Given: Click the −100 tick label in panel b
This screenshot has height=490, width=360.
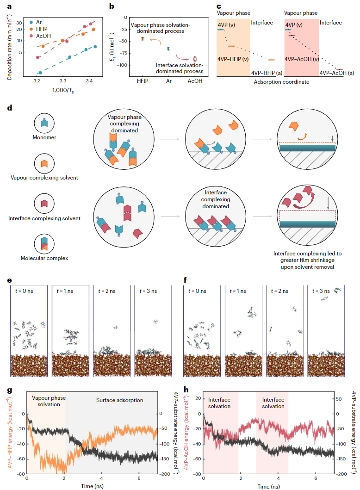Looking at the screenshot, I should coord(121,65).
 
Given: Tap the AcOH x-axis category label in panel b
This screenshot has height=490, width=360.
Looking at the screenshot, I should coord(194,81).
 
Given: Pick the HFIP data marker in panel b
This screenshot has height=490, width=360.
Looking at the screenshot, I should coord(143,38).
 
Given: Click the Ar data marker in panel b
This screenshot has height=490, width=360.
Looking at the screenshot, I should coord(168,48).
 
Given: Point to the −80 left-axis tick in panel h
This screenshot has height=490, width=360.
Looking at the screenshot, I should coord(198,474).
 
